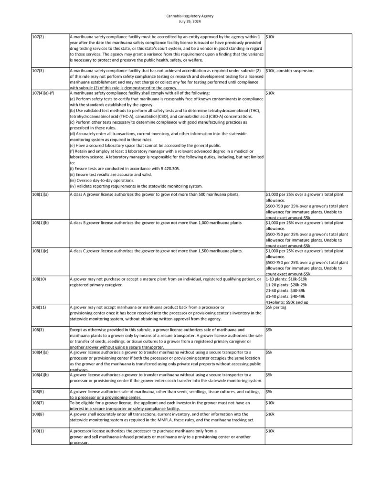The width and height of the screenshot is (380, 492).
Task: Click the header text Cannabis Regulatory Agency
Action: point(190,16)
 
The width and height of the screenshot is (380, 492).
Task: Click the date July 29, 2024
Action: point(190,21)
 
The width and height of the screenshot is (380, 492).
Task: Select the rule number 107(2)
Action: point(38,37)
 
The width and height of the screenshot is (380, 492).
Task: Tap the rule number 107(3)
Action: point(38,71)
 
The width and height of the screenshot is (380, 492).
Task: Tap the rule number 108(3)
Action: point(38,330)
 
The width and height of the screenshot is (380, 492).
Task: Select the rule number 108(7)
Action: point(38,403)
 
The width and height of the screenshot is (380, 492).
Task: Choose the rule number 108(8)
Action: point(38,414)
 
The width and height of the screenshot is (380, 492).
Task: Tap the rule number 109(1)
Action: point(38,431)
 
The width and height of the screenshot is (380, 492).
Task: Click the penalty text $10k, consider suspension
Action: point(289,71)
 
